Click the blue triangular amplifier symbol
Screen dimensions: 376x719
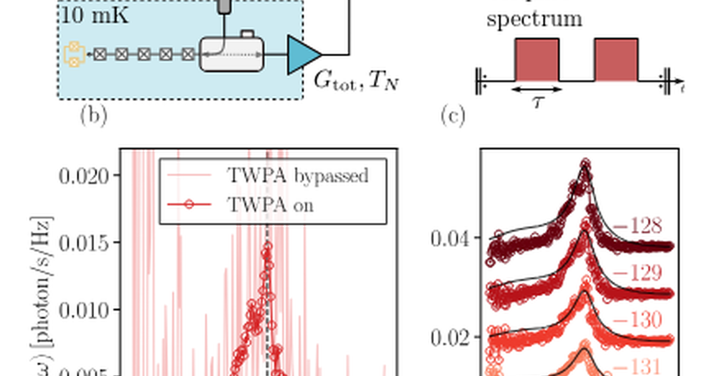303,55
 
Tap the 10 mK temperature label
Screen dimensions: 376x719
94,16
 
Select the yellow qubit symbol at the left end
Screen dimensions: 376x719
72,54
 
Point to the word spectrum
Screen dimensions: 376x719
534,19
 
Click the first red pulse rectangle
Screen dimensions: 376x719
537,59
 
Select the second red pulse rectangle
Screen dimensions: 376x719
616,59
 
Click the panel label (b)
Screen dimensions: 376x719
93,116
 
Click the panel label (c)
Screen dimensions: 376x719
452,115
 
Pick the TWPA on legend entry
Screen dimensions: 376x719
270,204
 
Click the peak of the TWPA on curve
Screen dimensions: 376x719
266,245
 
